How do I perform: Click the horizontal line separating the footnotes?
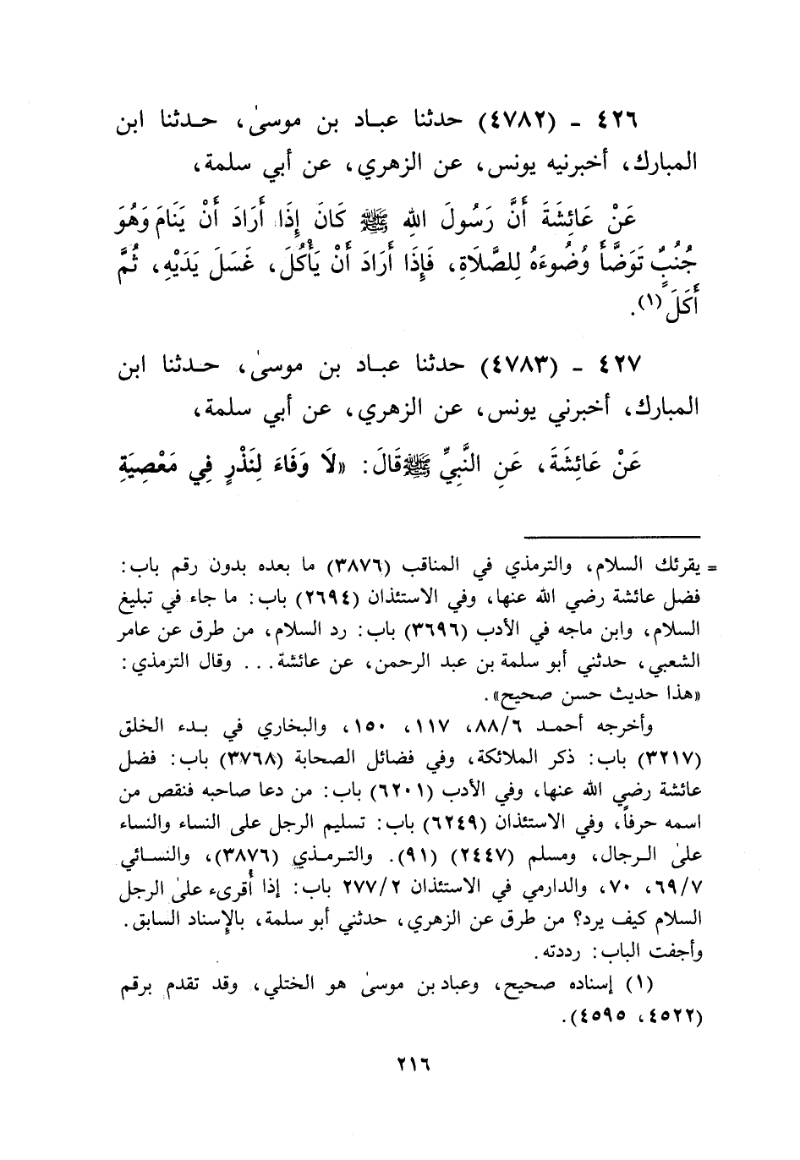click(x=611, y=536)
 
